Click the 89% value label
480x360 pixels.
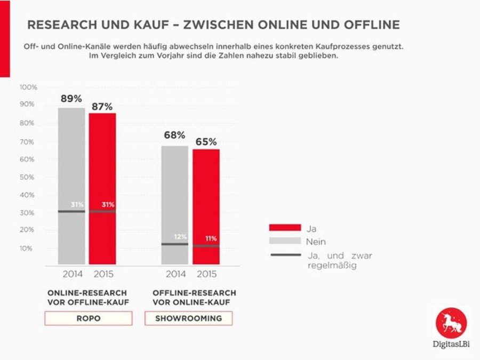(71, 99)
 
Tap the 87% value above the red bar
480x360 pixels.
(102, 106)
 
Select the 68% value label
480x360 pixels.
(174, 135)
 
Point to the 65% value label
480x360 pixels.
(205, 142)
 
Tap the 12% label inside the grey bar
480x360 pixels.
(181, 237)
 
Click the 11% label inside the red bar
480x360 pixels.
(212, 239)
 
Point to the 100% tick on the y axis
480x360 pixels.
(28, 87)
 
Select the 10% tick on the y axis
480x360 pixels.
(27, 249)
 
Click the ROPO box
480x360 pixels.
(88, 318)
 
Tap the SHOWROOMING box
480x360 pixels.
(189, 318)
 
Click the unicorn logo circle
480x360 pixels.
(451, 323)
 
